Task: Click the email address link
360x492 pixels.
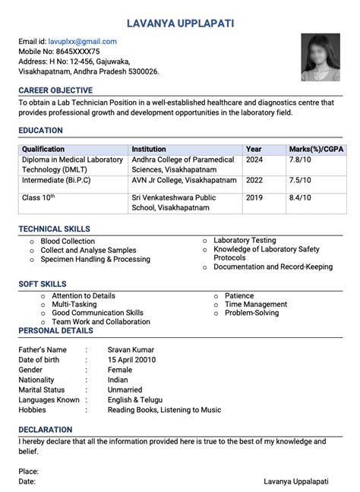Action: (x=82, y=42)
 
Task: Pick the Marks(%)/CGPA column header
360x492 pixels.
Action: (x=316, y=150)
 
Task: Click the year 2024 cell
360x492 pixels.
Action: (x=254, y=160)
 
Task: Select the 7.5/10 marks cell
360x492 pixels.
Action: (x=299, y=181)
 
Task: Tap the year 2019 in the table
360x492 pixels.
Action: (x=254, y=198)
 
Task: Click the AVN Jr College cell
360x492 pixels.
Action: (x=178, y=181)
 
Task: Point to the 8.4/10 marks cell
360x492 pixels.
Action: (x=299, y=198)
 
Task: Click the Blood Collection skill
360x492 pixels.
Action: (x=68, y=241)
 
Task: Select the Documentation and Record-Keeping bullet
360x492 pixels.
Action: (x=273, y=267)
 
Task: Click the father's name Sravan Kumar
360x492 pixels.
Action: (x=131, y=350)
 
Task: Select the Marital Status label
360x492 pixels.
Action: (x=42, y=389)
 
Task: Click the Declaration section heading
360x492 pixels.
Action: (x=46, y=430)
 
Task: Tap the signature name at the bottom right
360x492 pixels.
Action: (x=295, y=481)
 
